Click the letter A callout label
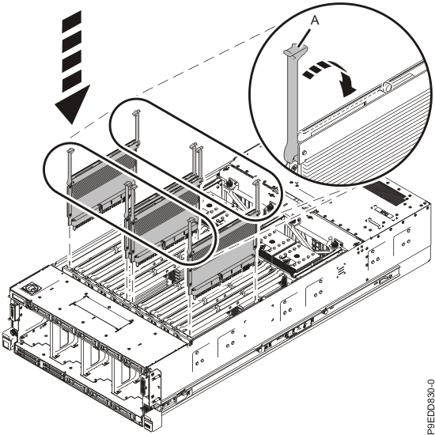(314, 21)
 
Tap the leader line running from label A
(304, 37)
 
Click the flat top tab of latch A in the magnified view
(295, 50)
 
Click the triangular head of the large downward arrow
(72, 104)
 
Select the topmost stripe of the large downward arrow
(71, 20)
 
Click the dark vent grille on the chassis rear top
(385, 192)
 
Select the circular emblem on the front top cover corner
(30, 287)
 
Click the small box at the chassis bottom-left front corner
(6, 341)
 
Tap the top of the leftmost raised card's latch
(70, 150)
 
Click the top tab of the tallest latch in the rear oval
(136, 112)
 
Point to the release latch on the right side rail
(386, 278)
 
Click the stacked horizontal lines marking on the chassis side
(341, 270)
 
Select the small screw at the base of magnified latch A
(293, 167)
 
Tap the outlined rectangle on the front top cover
(101, 312)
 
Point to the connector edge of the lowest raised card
(222, 289)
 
